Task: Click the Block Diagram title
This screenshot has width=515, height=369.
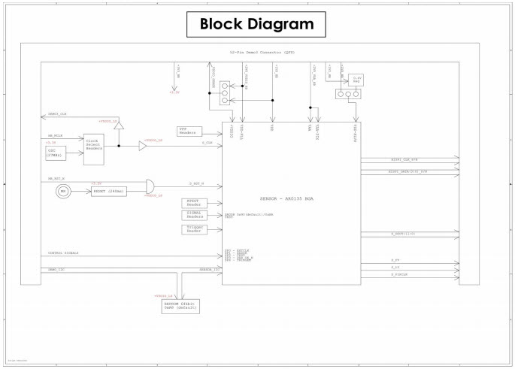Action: tap(256, 24)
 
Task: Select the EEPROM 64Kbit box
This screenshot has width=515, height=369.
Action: tap(178, 306)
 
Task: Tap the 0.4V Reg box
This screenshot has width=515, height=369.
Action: tap(357, 79)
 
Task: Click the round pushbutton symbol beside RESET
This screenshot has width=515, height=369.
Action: tap(63, 191)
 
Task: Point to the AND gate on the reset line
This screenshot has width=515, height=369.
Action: tap(150, 184)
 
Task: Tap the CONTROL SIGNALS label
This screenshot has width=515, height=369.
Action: tap(63, 253)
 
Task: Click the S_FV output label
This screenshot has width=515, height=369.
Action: tap(395, 260)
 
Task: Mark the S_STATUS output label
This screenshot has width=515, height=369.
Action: tap(399, 275)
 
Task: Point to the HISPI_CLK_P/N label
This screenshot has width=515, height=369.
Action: tap(402, 159)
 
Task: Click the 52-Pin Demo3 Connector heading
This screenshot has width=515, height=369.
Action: tap(262, 53)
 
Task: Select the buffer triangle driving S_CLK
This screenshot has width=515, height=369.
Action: tap(142, 147)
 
